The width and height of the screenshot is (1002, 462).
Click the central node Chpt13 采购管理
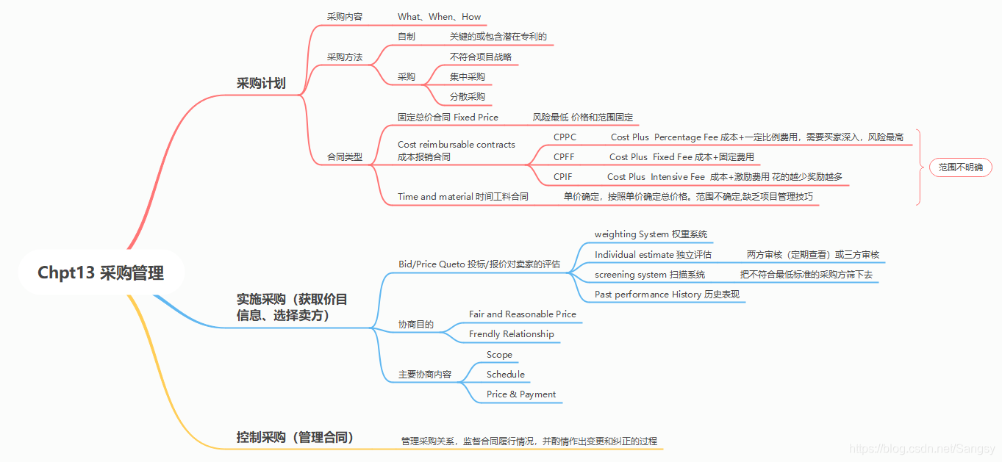coord(101,273)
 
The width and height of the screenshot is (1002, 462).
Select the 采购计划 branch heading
coord(261,84)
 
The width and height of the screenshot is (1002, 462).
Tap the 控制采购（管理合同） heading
coord(296,438)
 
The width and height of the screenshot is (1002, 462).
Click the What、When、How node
coord(439,17)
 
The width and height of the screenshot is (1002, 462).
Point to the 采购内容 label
coord(345,17)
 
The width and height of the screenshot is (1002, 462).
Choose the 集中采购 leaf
coord(467,77)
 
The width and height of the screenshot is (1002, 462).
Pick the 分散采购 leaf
coord(467,97)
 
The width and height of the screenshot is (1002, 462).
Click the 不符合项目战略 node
coord(481,57)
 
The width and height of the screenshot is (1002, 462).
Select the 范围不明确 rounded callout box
coord(960,167)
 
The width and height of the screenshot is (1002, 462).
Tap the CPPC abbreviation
coord(565,137)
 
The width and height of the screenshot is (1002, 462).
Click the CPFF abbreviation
coord(564,157)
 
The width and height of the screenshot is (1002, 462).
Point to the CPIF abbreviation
coord(563,177)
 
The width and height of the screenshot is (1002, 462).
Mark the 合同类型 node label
coord(345,157)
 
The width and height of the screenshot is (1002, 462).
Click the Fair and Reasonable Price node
coord(522,314)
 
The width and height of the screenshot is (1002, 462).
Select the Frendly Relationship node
coord(511,334)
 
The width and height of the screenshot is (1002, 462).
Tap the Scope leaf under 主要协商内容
coord(499,355)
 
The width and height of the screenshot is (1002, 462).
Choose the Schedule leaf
coord(505,375)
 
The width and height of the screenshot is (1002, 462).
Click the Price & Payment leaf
coord(520,394)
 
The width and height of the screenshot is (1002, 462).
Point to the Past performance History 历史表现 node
coord(667,295)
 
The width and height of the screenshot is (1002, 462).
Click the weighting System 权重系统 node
coord(651,234)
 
